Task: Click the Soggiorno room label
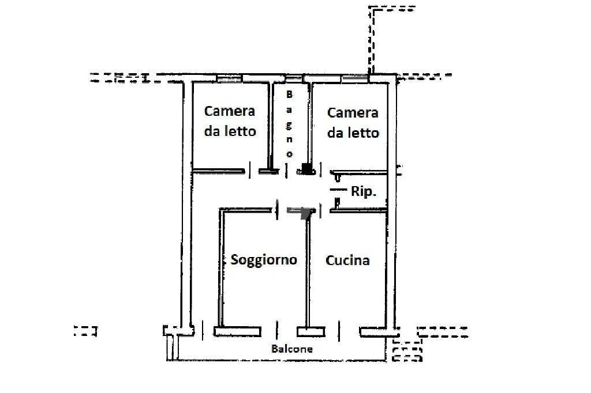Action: (x=264, y=260)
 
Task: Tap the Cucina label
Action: (x=347, y=260)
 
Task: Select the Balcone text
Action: (x=292, y=349)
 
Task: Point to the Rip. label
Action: (x=364, y=192)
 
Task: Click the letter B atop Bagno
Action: (x=290, y=94)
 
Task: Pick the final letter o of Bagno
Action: (x=290, y=154)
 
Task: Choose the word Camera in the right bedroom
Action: (x=353, y=113)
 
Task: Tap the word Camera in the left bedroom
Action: (x=230, y=111)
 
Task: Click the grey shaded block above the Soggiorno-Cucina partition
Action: (x=306, y=212)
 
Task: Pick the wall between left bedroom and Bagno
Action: (x=270, y=124)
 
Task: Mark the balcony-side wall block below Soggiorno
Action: (x=237, y=331)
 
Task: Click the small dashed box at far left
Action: (x=85, y=331)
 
